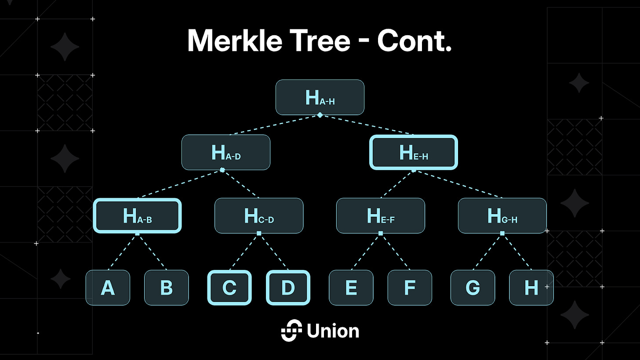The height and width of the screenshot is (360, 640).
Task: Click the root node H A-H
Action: click(320, 97)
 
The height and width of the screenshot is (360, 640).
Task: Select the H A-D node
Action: click(225, 152)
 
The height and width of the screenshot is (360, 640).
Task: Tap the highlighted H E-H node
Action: click(414, 152)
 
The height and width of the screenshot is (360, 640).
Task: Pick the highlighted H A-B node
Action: click(137, 215)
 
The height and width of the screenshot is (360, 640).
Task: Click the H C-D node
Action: click(258, 215)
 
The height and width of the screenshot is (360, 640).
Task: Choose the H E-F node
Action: click(380, 215)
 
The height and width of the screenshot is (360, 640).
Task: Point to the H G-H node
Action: click(502, 215)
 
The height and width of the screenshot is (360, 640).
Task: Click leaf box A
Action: click(108, 287)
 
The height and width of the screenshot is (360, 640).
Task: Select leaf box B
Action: click(166, 287)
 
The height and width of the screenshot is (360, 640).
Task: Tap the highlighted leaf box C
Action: click(229, 287)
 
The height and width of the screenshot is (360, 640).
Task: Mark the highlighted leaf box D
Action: click(288, 287)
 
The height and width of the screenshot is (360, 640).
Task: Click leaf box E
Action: click(351, 287)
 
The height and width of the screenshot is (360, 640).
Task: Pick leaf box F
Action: click(409, 287)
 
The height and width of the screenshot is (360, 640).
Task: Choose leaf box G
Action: click(473, 287)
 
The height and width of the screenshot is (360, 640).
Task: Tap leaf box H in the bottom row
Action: click(531, 287)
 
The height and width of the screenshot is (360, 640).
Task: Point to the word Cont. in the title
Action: click(414, 40)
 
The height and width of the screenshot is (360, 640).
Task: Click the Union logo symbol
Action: click(291, 331)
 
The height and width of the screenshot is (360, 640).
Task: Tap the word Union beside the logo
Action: click(333, 331)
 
